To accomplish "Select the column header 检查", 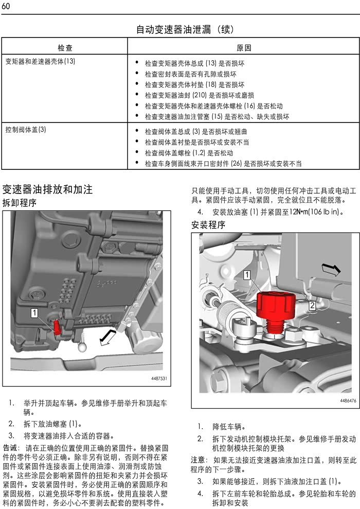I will pos(65,48).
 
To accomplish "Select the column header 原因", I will pos(243,48).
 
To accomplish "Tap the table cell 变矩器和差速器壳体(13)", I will pos(40,61).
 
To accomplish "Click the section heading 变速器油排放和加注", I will pos(47,189).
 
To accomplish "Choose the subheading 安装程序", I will pos(208,225).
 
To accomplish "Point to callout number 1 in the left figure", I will pos(34,312).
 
